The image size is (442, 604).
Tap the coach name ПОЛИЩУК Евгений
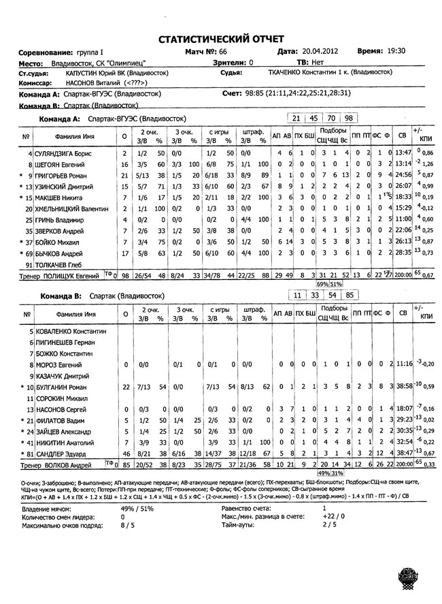coord(67,274)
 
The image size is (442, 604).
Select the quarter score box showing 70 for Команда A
coord(331,118)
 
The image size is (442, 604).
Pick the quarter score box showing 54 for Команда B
coord(331,298)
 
